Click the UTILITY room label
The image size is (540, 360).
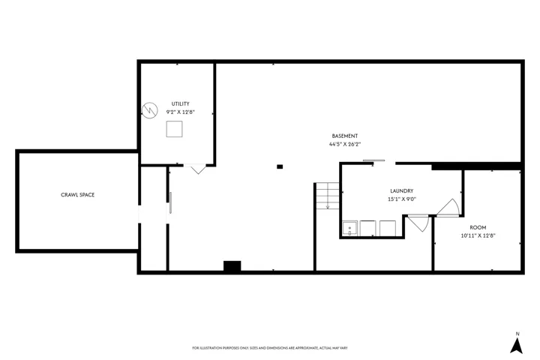tap(181, 103)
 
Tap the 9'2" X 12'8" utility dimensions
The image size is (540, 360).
tap(181, 112)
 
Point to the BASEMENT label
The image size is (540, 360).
tap(345, 136)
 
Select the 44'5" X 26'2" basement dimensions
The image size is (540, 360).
tap(345, 144)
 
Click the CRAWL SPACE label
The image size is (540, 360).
tap(77, 195)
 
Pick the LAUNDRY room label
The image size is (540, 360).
tap(401, 190)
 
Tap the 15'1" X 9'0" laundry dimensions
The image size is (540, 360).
tap(401, 199)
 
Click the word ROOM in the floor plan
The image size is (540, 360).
tap(478, 227)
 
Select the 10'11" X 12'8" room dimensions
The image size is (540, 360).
tap(478, 236)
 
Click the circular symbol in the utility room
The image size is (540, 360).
tap(150, 110)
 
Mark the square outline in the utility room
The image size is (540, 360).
tap(174, 129)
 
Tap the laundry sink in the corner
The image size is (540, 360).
tap(349, 229)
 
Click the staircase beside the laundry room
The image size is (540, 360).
tap(328, 195)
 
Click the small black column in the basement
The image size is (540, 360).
tap(280, 166)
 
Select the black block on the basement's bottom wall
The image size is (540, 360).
tap(232, 266)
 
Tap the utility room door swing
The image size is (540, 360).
tap(198, 169)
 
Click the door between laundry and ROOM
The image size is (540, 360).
tap(448, 208)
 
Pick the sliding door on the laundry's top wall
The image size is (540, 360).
tap(374, 160)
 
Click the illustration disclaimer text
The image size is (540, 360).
tap(270, 348)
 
